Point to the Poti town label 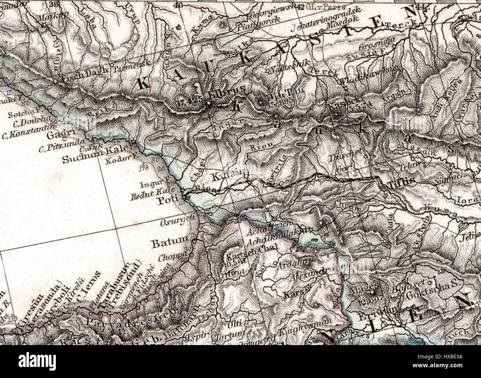point(165,201)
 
